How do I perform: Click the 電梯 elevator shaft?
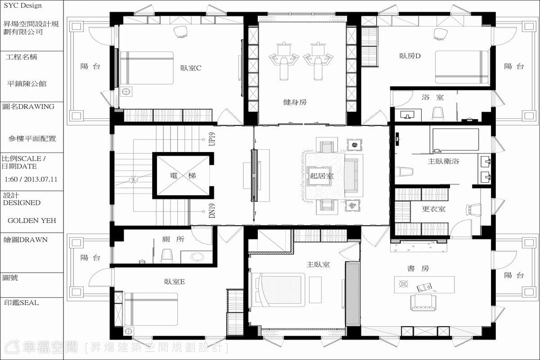[183, 175]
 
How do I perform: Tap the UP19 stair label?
[212, 139]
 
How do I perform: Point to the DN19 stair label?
[212, 211]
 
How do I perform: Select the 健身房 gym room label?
[295, 102]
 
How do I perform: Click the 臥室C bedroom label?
[191, 68]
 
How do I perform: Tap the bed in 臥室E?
[151, 309]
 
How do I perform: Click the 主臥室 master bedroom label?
[318, 265]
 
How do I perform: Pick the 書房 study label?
[418, 268]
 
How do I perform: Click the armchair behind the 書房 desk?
[423, 302]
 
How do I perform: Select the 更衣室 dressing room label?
[434, 209]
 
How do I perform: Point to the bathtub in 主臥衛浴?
[455, 140]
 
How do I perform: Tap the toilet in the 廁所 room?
[167, 256]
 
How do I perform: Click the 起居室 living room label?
[322, 176]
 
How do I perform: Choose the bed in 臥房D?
[462, 67]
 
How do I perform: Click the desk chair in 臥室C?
[181, 32]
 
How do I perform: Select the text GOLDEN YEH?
[32, 220]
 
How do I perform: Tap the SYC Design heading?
[22, 5]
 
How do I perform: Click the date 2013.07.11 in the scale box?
[40, 179]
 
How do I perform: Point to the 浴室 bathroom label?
[433, 97]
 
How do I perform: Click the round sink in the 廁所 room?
[197, 257]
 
